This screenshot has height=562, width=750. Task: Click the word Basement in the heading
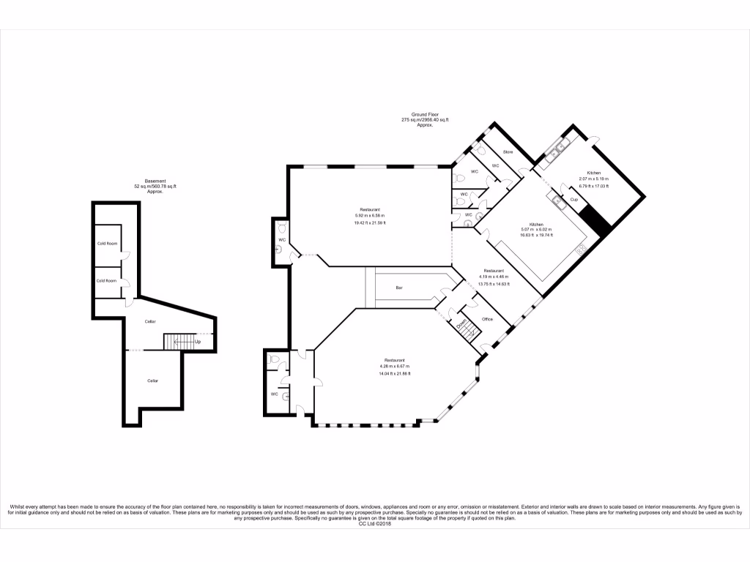pyautogui.click(x=155, y=181)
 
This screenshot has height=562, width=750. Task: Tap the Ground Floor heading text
pyautogui.click(x=424, y=115)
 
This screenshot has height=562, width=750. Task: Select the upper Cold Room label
pyautogui.click(x=107, y=244)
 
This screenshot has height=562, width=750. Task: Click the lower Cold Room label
pyautogui.click(x=107, y=280)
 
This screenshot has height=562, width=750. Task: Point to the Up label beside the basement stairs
pyautogui.click(x=198, y=342)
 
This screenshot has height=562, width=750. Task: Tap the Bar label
pyautogui.click(x=399, y=288)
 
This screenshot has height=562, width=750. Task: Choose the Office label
pyautogui.click(x=488, y=319)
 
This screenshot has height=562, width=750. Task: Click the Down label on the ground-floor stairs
pyautogui.click(x=462, y=323)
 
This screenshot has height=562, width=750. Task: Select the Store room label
pyautogui.click(x=507, y=151)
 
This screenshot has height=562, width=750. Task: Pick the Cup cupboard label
pyautogui.click(x=574, y=200)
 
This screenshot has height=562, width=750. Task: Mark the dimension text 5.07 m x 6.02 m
pyautogui.click(x=536, y=230)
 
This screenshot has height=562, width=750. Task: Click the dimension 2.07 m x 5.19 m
pyautogui.click(x=593, y=179)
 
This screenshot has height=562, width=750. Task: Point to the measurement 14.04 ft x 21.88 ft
pyautogui.click(x=395, y=374)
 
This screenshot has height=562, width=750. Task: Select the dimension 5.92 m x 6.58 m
pyautogui.click(x=370, y=216)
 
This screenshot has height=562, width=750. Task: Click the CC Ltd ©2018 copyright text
pyautogui.click(x=374, y=524)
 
